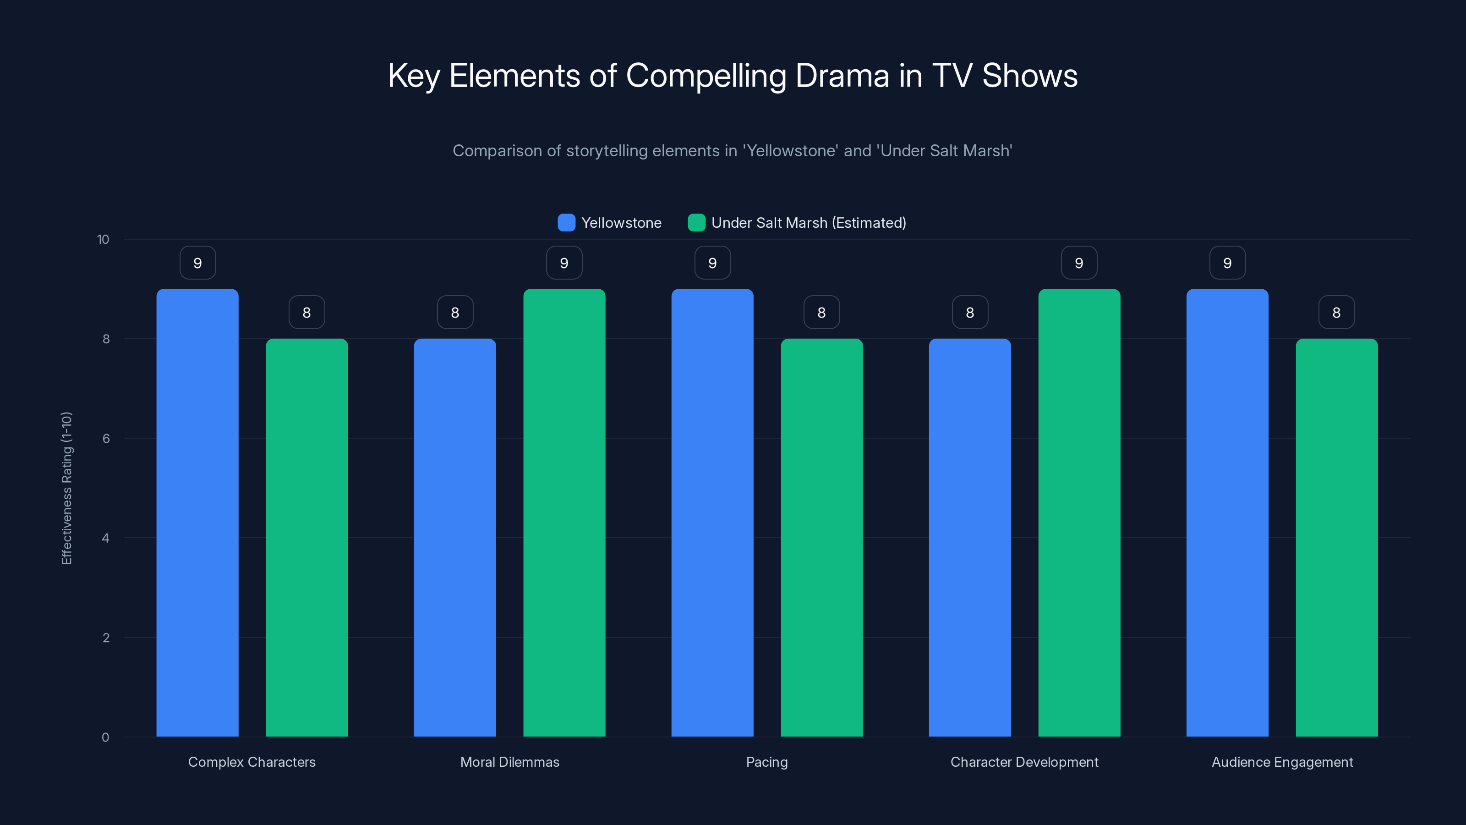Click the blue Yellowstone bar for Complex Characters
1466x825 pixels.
(197, 512)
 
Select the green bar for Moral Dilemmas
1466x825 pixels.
(564, 512)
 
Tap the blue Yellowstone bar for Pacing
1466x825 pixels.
(712, 512)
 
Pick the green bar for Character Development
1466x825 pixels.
(1079, 512)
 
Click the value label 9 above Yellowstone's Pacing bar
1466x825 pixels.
(712, 263)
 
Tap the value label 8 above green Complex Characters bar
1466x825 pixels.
(307, 313)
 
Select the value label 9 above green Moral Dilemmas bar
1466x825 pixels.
(564, 263)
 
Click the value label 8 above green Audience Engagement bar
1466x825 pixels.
(1336, 313)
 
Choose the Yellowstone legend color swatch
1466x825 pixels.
(566, 223)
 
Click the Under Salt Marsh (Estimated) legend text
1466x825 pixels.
(808, 223)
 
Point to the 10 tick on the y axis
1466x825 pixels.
(103, 240)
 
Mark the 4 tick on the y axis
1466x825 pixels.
(106, 538)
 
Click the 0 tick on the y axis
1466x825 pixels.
(106, 737)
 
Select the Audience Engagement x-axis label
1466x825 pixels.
(1282, 762)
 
